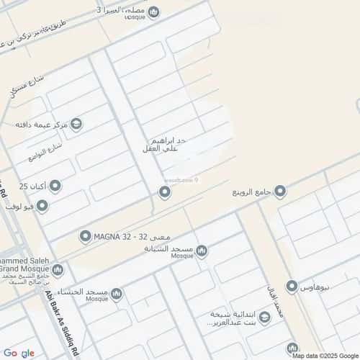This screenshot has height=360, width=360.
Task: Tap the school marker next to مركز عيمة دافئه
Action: click(77, 125)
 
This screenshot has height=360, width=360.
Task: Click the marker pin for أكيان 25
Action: click(55, 186)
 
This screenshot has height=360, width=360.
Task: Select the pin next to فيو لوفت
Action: click(42, 207)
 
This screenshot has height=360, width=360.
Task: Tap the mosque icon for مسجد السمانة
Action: click(202, 251)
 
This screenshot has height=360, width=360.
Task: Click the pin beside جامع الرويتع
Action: click(280, 192)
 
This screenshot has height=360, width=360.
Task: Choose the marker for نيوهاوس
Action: click(292, 287)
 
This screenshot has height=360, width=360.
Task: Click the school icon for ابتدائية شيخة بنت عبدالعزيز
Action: click(264, 318)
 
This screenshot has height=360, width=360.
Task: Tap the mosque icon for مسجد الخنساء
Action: click(116, 294)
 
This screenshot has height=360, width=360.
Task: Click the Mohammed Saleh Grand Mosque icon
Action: click(58, 270)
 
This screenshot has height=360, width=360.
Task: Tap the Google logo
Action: click(19, 353)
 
